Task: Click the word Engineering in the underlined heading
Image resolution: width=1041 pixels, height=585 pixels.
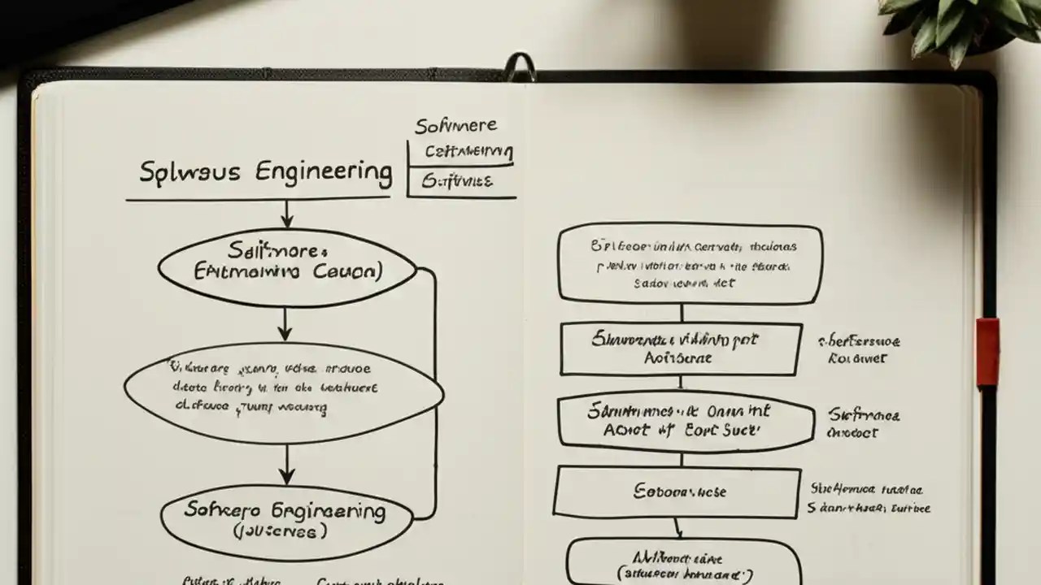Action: [324, 172]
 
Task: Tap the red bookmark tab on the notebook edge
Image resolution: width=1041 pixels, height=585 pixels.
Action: [987, 352]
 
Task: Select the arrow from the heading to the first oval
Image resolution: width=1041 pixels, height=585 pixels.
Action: [286, 214]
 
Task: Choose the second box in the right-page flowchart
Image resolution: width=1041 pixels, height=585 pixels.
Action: [680, 349]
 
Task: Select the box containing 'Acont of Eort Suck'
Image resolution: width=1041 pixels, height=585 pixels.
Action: [686, 421]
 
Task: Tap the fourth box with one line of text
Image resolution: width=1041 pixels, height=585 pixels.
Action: [677, 492]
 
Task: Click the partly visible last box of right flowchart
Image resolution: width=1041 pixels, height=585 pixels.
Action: [683, 563]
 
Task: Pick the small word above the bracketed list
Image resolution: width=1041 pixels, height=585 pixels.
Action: [455, 126]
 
